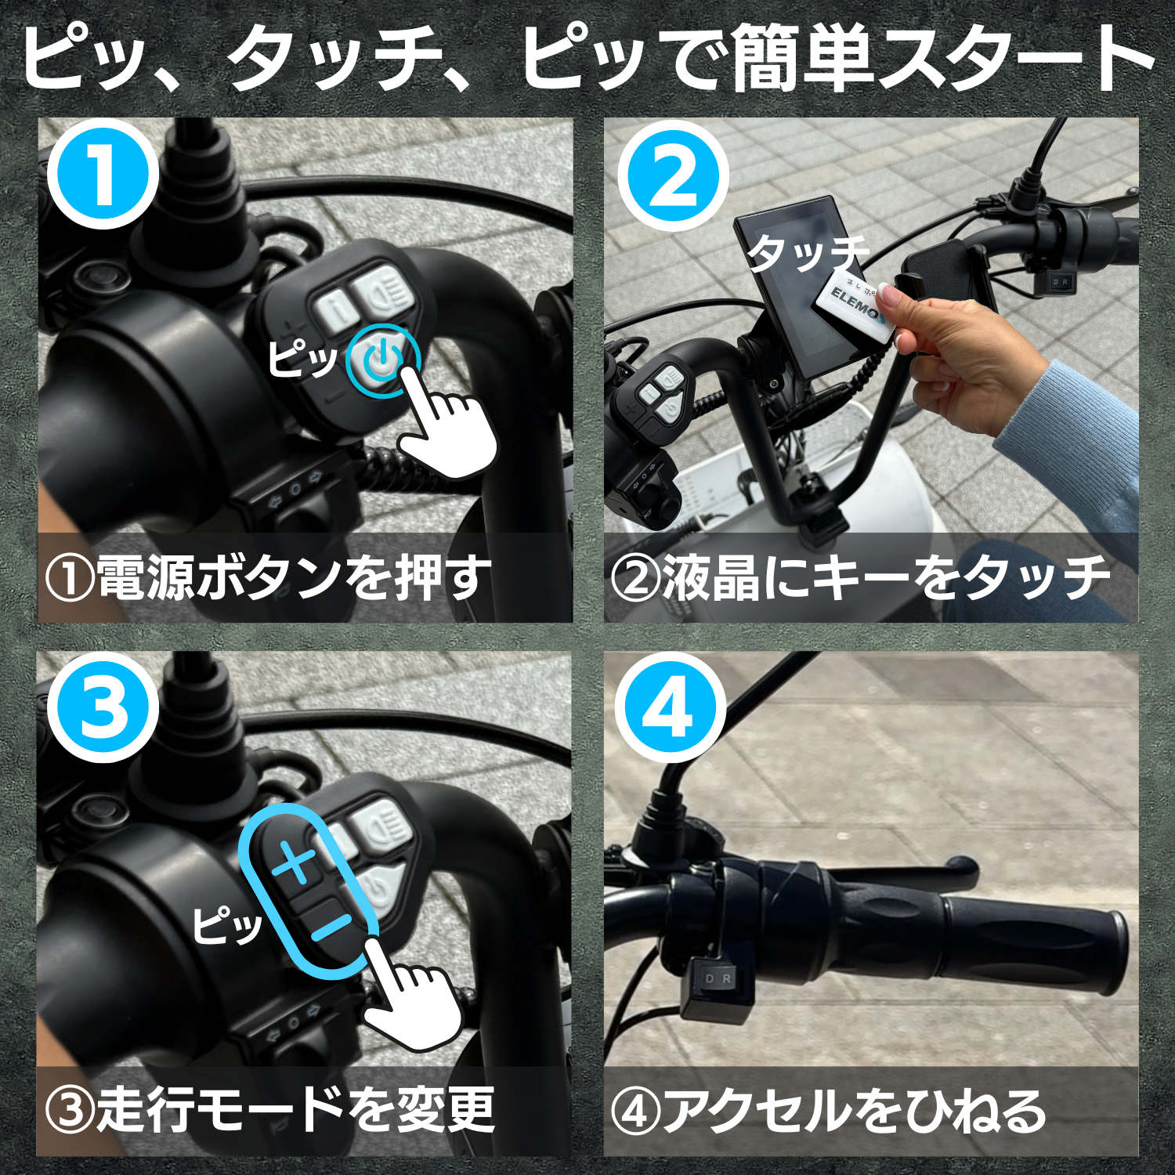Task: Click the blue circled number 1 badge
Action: (103, 175)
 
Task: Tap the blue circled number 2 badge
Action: (673, 175)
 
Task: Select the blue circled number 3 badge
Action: (103, 707)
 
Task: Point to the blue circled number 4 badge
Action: (670, 707)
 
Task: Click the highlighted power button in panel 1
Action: (383, 360)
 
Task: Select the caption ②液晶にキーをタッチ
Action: (860, 578)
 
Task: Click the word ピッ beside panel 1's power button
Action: (302, 359)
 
